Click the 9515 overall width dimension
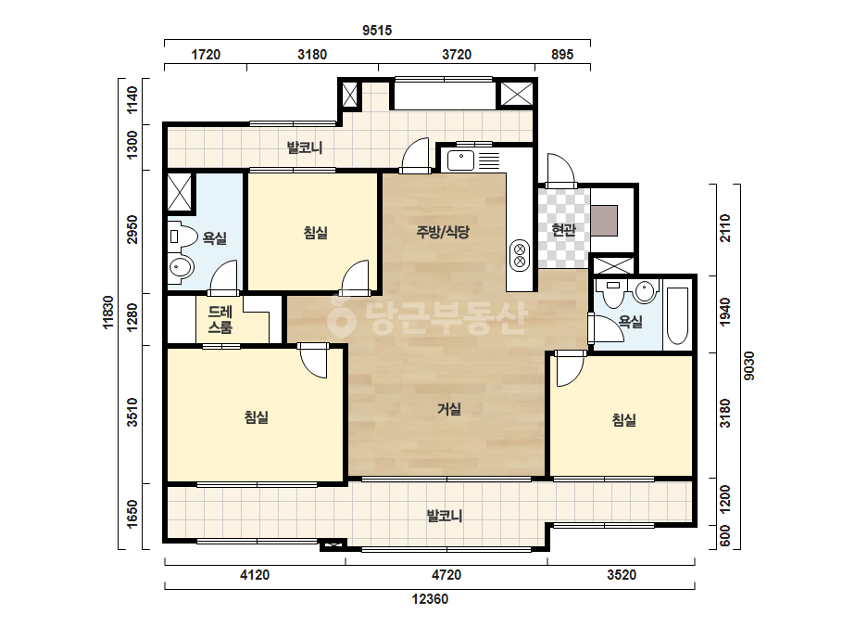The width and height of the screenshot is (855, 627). point(377,31)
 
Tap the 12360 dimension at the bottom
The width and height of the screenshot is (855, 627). point(430,599)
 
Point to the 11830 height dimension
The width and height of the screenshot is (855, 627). point(108,312)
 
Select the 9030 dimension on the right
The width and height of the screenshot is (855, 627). point(749,366)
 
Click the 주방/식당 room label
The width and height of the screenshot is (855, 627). point(443,232)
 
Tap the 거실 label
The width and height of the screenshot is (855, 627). point(449,409)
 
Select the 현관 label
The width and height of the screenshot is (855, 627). point(563,230)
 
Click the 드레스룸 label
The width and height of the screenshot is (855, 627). point(220,319)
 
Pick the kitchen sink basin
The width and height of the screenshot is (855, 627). point(461,160)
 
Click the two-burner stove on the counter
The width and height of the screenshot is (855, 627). point(520,256)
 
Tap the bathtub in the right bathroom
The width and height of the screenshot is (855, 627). point(677,315)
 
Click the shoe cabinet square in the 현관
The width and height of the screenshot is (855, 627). point(604,221)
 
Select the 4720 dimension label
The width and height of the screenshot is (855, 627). point(446,575)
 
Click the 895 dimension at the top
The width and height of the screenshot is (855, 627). point(562,55)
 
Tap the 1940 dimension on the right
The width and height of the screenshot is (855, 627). point(724,313)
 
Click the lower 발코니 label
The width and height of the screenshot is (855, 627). point(445,516)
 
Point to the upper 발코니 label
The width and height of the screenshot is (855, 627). point(305,147)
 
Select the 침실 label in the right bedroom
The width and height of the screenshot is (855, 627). point(623,420)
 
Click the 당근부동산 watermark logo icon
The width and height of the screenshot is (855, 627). point(341,315)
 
